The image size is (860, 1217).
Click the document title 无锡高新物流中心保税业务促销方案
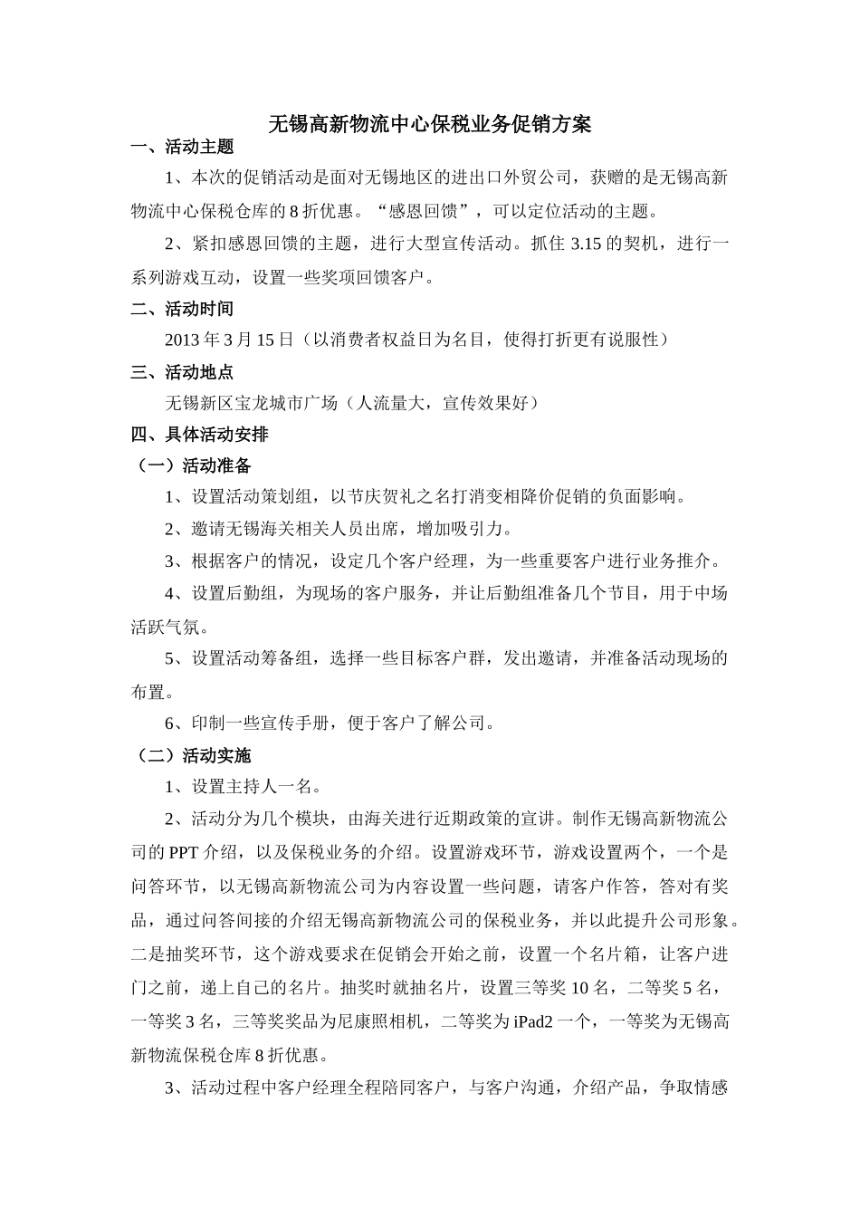pos(430,124)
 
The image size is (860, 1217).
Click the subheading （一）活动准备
pos(191,466)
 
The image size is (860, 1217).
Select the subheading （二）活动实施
pos(191,755)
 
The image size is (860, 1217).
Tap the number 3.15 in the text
pos(588,244)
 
